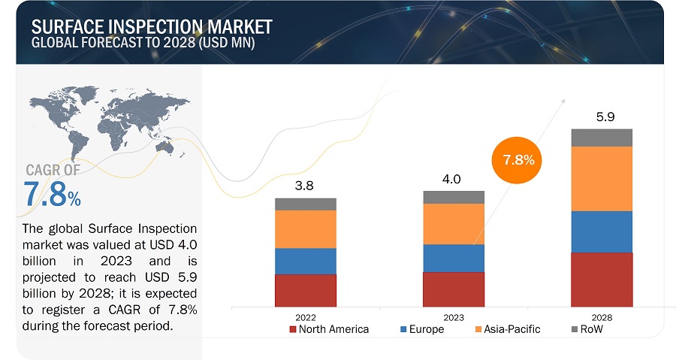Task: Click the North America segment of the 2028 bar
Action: [x=602, y=279]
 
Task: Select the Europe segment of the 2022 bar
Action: [x=305, y=261]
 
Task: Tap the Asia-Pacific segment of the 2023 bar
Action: [x=454, y=224]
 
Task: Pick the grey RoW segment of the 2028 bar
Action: [x=602, y=138]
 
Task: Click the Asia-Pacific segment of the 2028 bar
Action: [x=602, y=179]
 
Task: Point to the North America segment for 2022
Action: [x=305, y=290]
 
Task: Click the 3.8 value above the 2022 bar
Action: [x=305, y=185]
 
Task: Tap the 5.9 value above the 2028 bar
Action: [x=602, y=117]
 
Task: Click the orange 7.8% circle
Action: [x=518, y=160]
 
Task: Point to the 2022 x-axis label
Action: [x=305, y=317]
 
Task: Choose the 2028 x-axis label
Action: [x=602, y=317]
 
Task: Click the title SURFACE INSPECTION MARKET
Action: [x=152, y=27]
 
